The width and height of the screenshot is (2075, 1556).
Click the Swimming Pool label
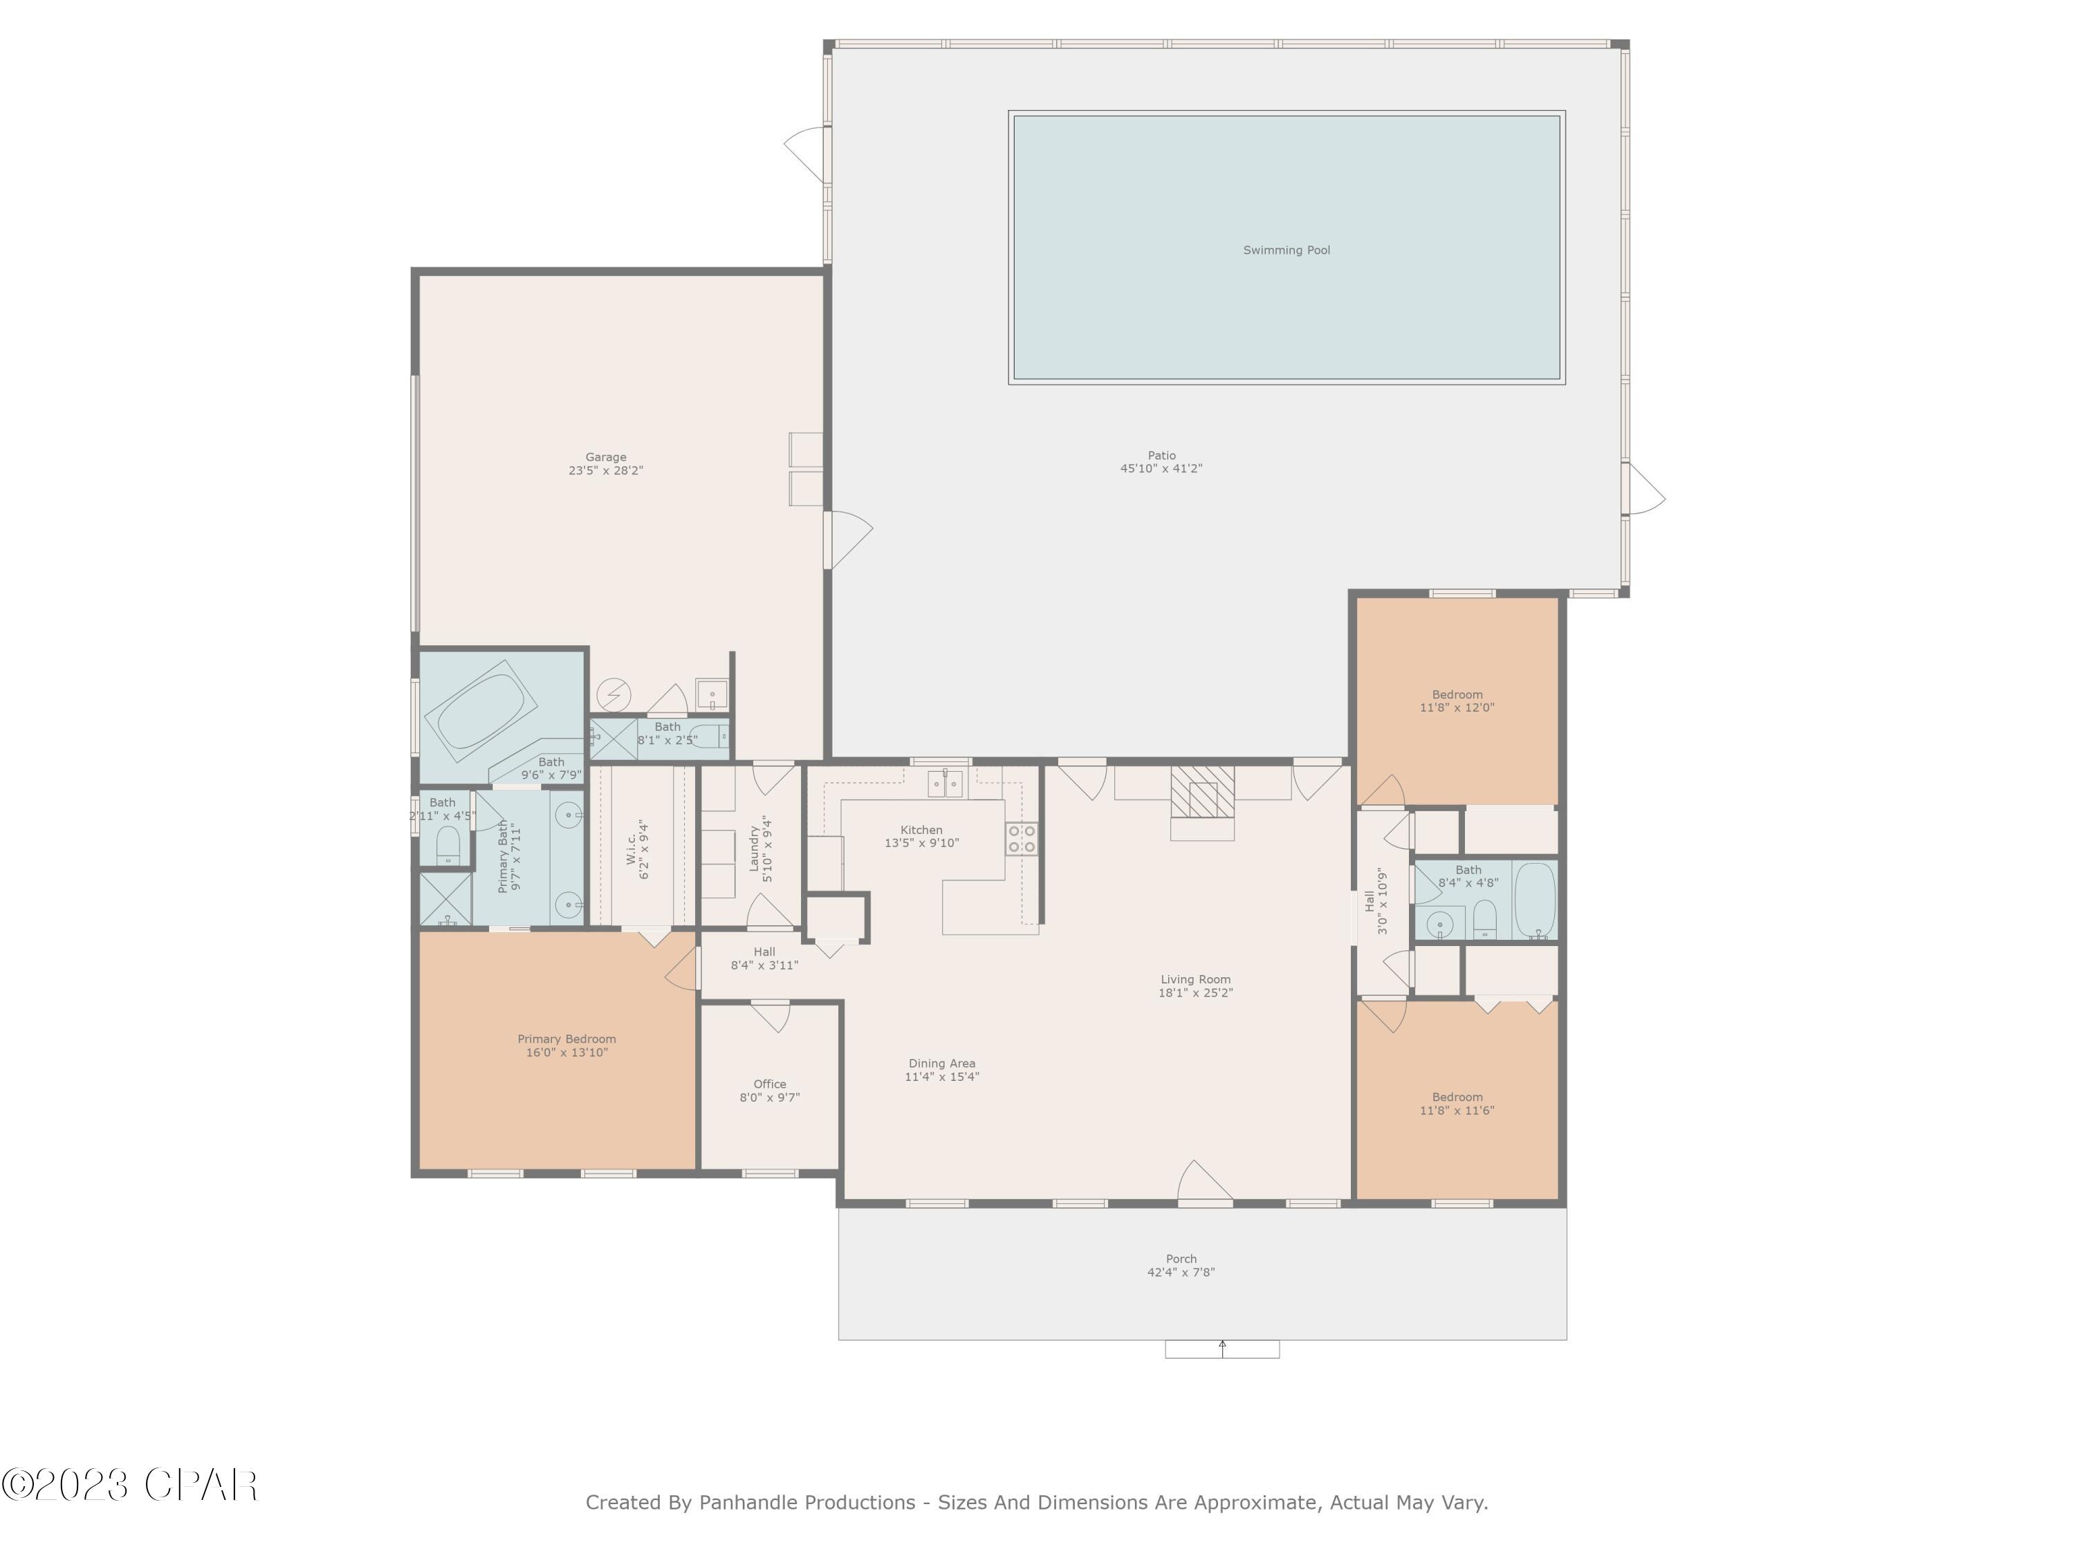coord(1286,250)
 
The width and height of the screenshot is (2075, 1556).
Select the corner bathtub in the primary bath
coord(480,710)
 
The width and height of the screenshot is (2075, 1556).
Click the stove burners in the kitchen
coord(1022,838)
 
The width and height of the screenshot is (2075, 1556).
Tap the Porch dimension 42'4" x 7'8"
coord(1181,1272)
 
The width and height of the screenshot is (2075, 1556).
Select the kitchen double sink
coord(945,783)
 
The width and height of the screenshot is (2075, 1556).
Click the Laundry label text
coord(753,849)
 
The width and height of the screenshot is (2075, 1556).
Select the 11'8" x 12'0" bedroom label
coord(1457,708)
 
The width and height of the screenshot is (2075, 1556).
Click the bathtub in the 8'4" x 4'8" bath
coord(1535,898)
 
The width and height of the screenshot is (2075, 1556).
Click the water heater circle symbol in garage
coord(614,695)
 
